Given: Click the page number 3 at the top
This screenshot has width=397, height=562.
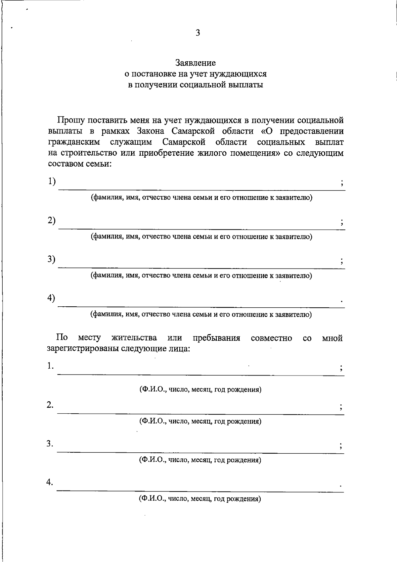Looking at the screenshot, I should pyautogui.click(x=198, y=33).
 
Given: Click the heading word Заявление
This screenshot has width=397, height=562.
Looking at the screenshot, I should pyautogui.click(x=196, y=63).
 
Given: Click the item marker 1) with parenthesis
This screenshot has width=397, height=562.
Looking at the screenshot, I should pyautogui.click(x=52, y=181).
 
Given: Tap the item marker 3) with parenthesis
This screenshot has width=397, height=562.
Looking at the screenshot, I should pyautogui.click(x=51, y=259).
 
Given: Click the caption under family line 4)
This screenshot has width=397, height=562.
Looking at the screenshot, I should pyautogui.click(x=201, y=314).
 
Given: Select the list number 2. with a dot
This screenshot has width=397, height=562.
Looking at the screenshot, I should pyautogui.click(x=50, y=405).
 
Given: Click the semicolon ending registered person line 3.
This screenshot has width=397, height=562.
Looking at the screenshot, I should pyautogui.click(x=341, y=446).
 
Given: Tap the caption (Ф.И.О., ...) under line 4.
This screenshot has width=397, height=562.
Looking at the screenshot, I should pyautogui.click(x=200, y=499).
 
